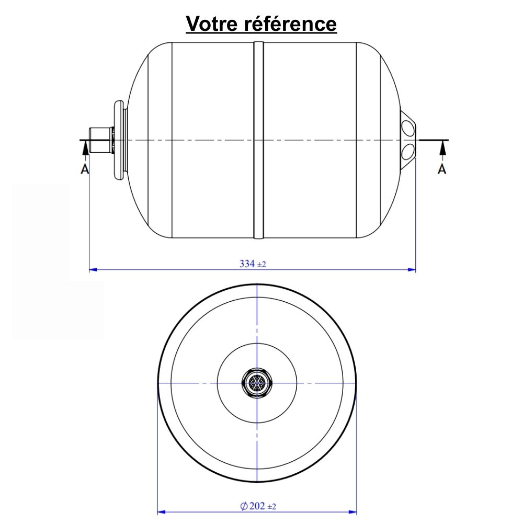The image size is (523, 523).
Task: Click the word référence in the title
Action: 292,24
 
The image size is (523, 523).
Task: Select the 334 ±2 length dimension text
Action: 253,264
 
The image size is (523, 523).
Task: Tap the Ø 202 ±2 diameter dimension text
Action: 257,506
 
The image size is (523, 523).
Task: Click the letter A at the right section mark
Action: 442,169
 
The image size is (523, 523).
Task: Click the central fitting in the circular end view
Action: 257,383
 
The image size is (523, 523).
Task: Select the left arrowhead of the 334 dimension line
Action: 94,270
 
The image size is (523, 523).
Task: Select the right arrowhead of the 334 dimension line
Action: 412,270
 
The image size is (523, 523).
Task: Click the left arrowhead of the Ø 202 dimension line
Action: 162,511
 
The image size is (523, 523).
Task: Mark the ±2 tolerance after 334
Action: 261,265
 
